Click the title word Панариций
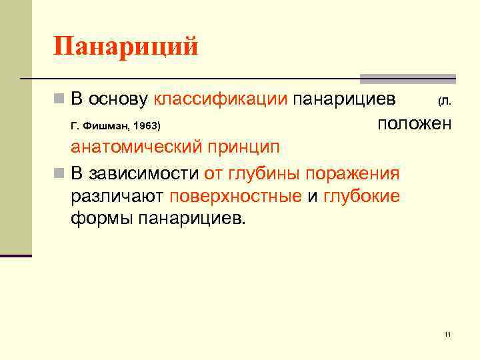click(126, 47)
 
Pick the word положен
click(414, 123)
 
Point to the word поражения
click(353, 174)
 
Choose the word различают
click(117, 196)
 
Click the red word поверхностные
click(236, 196)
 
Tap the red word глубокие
click(361, 196)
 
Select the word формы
click(101, 218)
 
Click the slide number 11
click(447, 334)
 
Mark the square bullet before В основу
click(59, 100)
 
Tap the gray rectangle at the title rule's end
click(408, 79)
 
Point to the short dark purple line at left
click(16, 255)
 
